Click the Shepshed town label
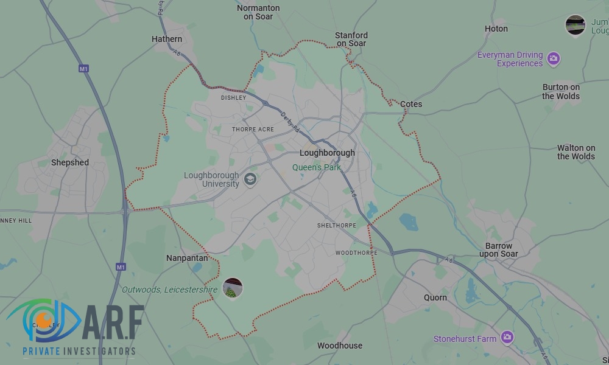70,162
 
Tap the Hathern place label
167,39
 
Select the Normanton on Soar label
258,12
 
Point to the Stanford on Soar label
351,40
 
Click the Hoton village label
496,29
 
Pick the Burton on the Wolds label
561,91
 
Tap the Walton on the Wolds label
576,152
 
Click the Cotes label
411,104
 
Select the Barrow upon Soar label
499,250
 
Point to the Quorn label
435,297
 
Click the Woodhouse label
340,346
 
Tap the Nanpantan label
187,258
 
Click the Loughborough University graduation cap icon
250,179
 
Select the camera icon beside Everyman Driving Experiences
553,58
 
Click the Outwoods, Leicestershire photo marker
233,288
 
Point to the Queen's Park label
317,167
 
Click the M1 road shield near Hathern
84,69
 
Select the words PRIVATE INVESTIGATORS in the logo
79,352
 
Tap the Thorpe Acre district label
253,130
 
